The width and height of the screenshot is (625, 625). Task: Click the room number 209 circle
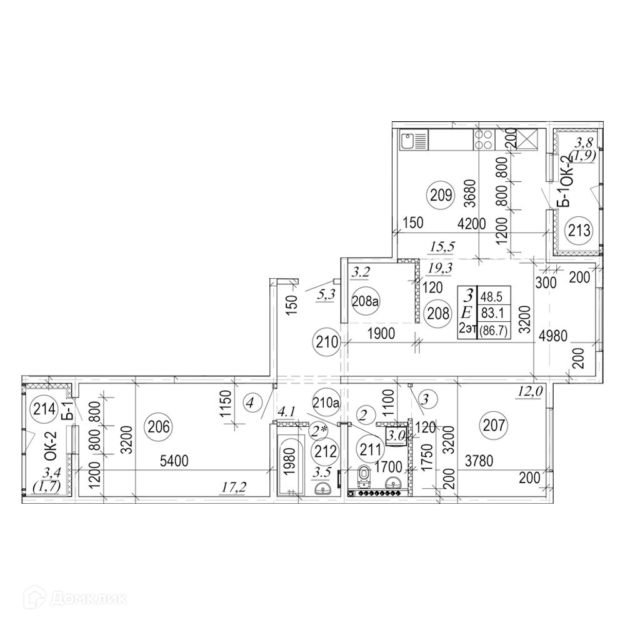[x=441, y=195]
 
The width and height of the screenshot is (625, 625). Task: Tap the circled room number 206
[x=159, y=427]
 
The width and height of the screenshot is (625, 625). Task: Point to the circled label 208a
[x=366, y=301]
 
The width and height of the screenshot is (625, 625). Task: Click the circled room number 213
[x=579, y=230]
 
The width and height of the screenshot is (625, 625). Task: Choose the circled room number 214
[x=44, y=409]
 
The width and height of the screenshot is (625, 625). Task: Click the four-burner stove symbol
[x=484, y=140]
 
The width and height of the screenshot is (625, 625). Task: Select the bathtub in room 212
[x=291, y=464]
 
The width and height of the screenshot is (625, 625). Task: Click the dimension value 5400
[x=174, y=461]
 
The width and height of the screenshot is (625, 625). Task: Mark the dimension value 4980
[x=552, y=336]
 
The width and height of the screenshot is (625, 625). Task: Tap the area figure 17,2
[x=234, y=486]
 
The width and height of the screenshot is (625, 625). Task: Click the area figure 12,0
[x=531, y=392]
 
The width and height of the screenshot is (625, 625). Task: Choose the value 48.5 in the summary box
[x=491, y=296]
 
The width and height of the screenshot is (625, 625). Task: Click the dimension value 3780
[x=479, y=461]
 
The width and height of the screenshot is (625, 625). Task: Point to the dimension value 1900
[x=381, y=333]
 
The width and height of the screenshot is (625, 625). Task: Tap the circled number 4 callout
[x=250, y=402]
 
